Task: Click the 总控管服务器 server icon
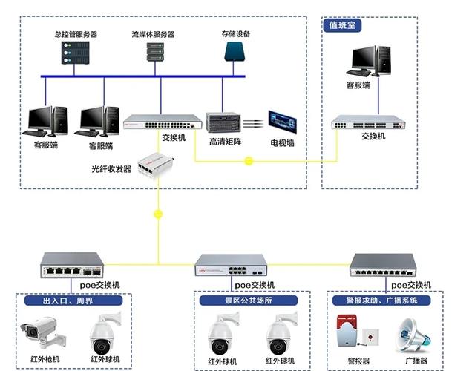(x=75, y=53)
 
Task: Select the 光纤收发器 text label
(x=111, y=169)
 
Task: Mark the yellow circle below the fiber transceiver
(x=157, y=214)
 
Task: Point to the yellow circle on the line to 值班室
(x=249, y=160)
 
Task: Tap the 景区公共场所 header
(x=247, y=301)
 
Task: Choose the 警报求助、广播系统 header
(x=388, y=301)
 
